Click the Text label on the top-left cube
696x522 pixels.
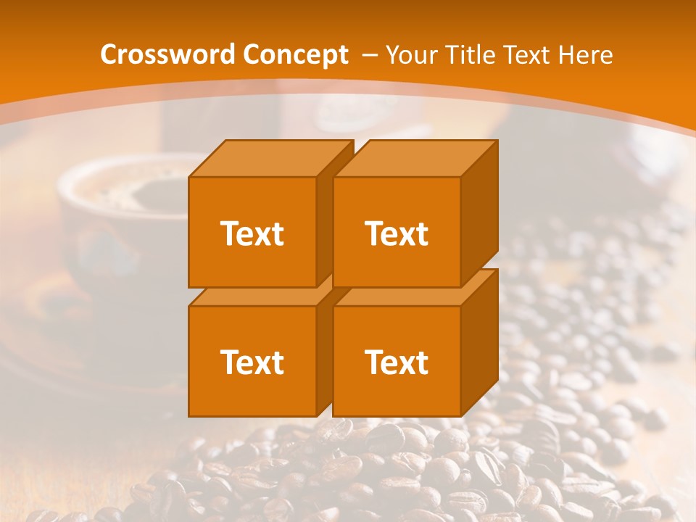pos(252,233)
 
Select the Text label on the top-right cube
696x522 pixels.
pos(397,233)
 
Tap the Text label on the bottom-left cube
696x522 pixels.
pos(252,362)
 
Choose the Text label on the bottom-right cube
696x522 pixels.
pos(397,362)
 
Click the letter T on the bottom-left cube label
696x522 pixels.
pos(228,362)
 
